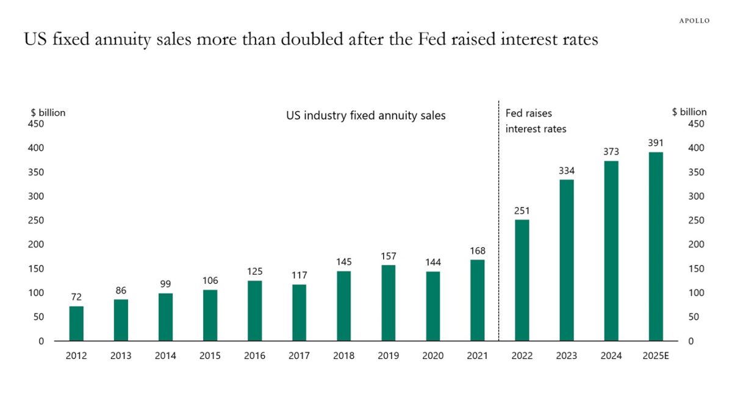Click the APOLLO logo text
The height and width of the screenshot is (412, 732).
coord(694,21)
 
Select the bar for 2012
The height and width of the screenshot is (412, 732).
coord(76,323)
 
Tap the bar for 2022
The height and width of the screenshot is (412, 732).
coord(522,280)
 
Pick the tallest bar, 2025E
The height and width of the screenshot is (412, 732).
coord(656,247)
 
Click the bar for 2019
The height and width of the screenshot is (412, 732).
coord(388,303)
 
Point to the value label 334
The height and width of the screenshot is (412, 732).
coord(567,171)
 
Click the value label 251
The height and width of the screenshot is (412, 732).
coord(522,211)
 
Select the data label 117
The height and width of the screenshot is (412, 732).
coord(299,275)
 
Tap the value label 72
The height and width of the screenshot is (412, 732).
coord(76,297)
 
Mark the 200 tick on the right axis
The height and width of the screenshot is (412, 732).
coord(696,245)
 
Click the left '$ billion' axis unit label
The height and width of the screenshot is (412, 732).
coord(48,112)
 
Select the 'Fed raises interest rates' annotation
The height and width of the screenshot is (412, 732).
coord(536,121)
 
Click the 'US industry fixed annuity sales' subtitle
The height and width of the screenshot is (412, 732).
coord(366,115)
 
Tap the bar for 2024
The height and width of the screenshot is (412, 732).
coord(611,251)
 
